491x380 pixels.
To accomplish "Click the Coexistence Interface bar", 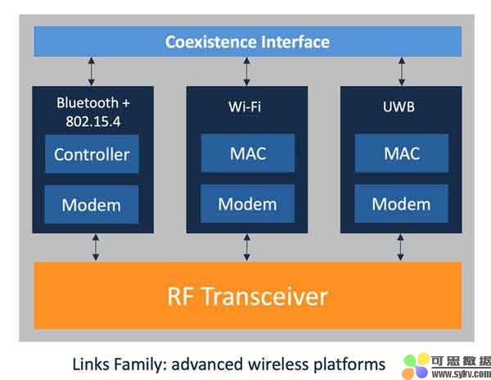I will click(x=247, y=41).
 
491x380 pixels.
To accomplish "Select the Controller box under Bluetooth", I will click(x=92, y=154).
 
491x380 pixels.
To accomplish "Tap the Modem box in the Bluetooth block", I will click(x=92, y=204).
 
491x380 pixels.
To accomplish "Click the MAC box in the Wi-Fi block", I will click(x=246, y=154).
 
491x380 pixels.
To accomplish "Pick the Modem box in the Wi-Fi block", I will click(x=246, y=204).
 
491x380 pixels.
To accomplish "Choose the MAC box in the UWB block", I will click(x=401, y=154).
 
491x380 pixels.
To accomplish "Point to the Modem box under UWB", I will click(x=401, y=204).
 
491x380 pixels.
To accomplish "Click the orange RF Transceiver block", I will click(x=247, y=296).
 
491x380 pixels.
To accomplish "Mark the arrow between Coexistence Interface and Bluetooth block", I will click(x=92, y=70).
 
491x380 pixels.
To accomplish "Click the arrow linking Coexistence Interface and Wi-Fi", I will click(x=246, y=70).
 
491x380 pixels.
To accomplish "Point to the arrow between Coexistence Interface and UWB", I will click(x=401, y=70).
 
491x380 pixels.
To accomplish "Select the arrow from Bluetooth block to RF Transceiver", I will click(x=96, y=247).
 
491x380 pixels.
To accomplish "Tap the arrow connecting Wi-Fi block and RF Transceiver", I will click(x=246, y=247).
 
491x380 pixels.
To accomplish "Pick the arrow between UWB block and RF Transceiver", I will click(x=400, y=247).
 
